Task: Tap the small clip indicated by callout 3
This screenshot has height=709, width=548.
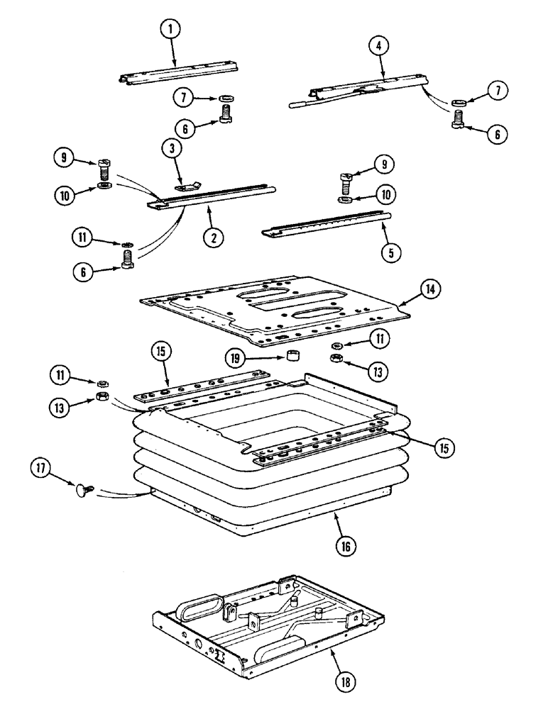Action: point(186,185)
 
